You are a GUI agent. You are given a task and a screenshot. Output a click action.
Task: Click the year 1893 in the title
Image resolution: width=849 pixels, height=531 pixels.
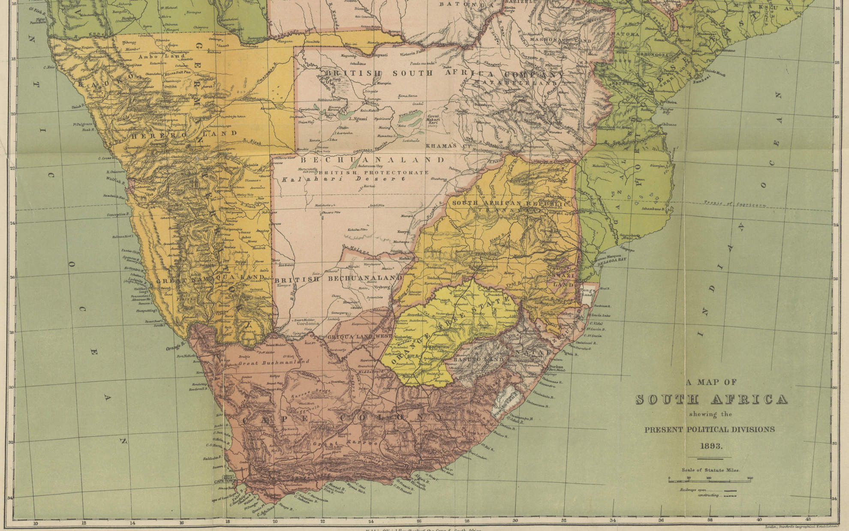point(711,446)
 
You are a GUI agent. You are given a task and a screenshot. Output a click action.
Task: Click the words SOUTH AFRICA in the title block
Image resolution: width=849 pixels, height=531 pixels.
point(711,399)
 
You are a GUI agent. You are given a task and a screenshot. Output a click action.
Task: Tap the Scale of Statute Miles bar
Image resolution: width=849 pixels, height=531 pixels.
point(710,480)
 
